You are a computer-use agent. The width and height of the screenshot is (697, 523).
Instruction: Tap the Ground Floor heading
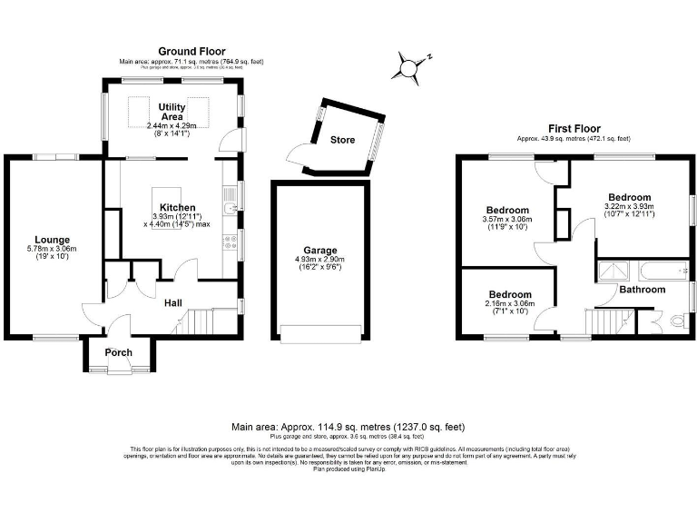coord(191,51)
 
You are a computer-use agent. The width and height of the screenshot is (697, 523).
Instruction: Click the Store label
coord(342,140)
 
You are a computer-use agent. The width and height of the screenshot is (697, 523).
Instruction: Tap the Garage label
coord(320,250)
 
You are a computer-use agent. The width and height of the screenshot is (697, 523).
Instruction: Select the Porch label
coord(119,352)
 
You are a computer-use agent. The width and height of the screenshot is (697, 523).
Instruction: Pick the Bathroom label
coord(643,290)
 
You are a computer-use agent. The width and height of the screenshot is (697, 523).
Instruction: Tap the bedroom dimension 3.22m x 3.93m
coord(629,207)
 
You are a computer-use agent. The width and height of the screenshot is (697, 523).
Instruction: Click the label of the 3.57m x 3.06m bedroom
coord(507,210)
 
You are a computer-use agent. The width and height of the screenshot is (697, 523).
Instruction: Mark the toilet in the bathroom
coord(672,321)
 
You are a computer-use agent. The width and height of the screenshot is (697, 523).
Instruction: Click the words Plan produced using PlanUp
coord(348,469)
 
